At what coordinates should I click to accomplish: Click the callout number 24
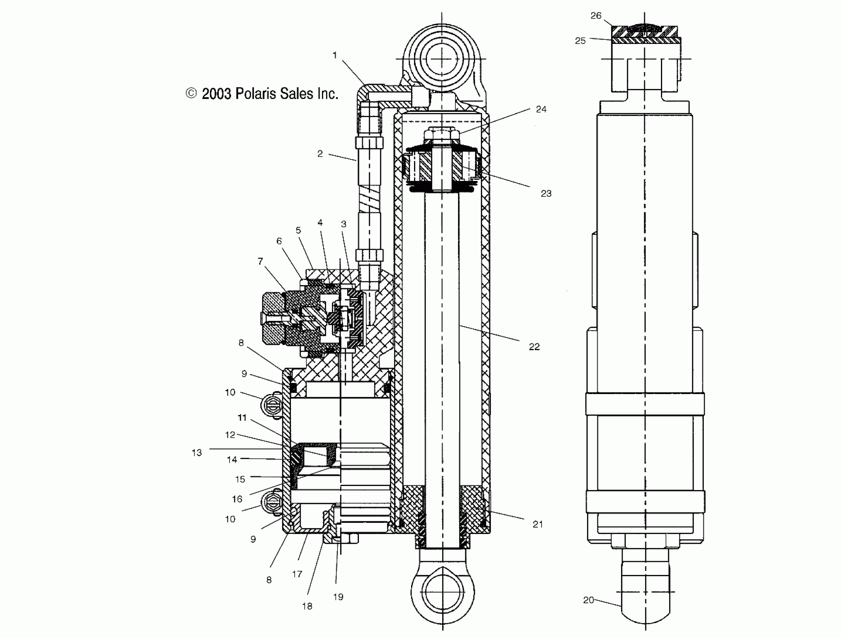pos(541,109)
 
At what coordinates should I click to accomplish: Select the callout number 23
pos(546,194)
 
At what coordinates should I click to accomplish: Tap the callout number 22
pos(534,346)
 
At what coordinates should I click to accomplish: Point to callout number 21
pos(538,524)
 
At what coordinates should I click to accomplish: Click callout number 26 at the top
pos(596,15)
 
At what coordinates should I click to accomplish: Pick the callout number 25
pos(580,41)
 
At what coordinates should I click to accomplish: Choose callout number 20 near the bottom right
pos(588,600)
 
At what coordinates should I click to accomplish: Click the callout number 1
pos(334,56)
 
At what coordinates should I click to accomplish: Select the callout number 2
pos(320,154)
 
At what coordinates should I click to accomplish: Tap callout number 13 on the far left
pos(197,453)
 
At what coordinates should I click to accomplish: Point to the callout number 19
pos(338,597)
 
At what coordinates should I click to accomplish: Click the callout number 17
pos(297,574)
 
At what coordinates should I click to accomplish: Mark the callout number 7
pos(260,261)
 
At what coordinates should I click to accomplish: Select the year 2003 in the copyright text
pos(216,94)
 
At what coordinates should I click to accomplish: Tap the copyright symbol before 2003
pos(191,93)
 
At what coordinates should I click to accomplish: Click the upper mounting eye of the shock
pos(442,59)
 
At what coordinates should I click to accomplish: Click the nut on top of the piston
pos(442,134)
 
